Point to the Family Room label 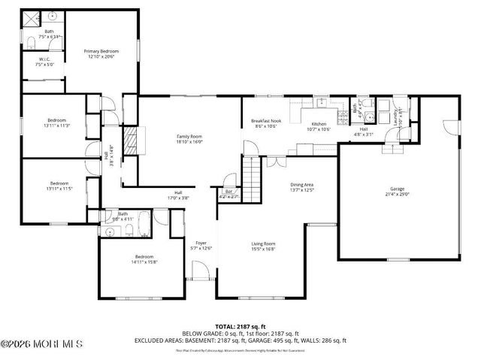coord(189,136)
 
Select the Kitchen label coord(319,123)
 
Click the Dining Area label coord(302,184)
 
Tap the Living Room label coord(263,244)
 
